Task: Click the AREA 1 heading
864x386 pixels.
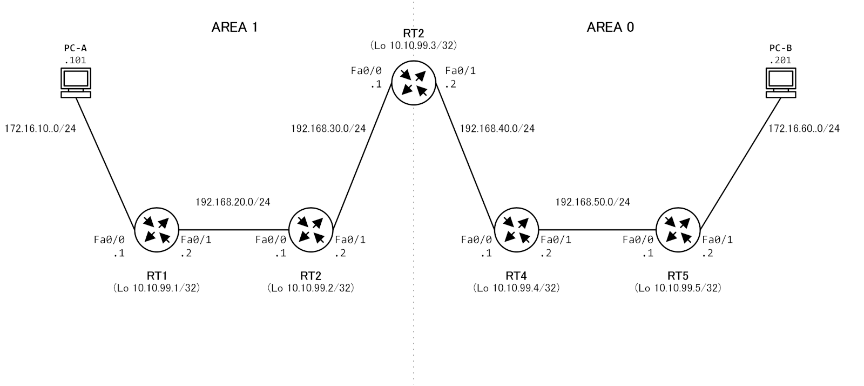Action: (x=234, y=27)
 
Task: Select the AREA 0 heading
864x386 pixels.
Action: (x=610, y=27)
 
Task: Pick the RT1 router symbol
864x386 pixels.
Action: (x=157, y=230)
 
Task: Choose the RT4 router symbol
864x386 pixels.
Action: (x=516, y=230)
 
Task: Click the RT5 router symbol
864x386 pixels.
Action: (x=678, y=230)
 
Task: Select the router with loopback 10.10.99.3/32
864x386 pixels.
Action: (x=414, y=83)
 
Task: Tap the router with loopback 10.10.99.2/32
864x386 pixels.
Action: (x=311, y=230)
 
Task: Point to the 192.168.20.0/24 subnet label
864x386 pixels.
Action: (x=233, y=202)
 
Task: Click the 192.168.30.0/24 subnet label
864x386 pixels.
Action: (x=328, y=129)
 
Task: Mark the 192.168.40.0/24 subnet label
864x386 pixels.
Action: (x=497, y=129)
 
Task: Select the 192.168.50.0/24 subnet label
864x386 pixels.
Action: (x=592, y=202)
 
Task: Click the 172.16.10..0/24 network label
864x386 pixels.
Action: (x=40, y=129)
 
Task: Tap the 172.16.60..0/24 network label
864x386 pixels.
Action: (x=804, y=129)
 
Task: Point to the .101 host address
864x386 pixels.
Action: (x=75, y=60)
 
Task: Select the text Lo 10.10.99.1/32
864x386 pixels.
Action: (x=157, y=288)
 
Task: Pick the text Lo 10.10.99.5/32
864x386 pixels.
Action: (x=678, y=288)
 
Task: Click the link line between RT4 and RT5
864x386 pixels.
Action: (x=597, y=230)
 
